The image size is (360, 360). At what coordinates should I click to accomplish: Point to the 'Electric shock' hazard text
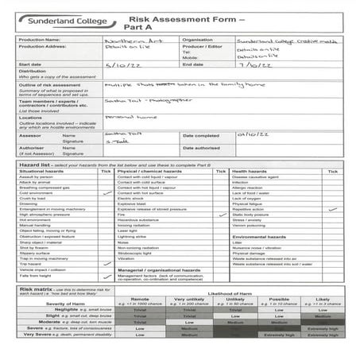point(132,198)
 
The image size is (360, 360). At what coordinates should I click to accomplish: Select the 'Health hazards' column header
point(250,171)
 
